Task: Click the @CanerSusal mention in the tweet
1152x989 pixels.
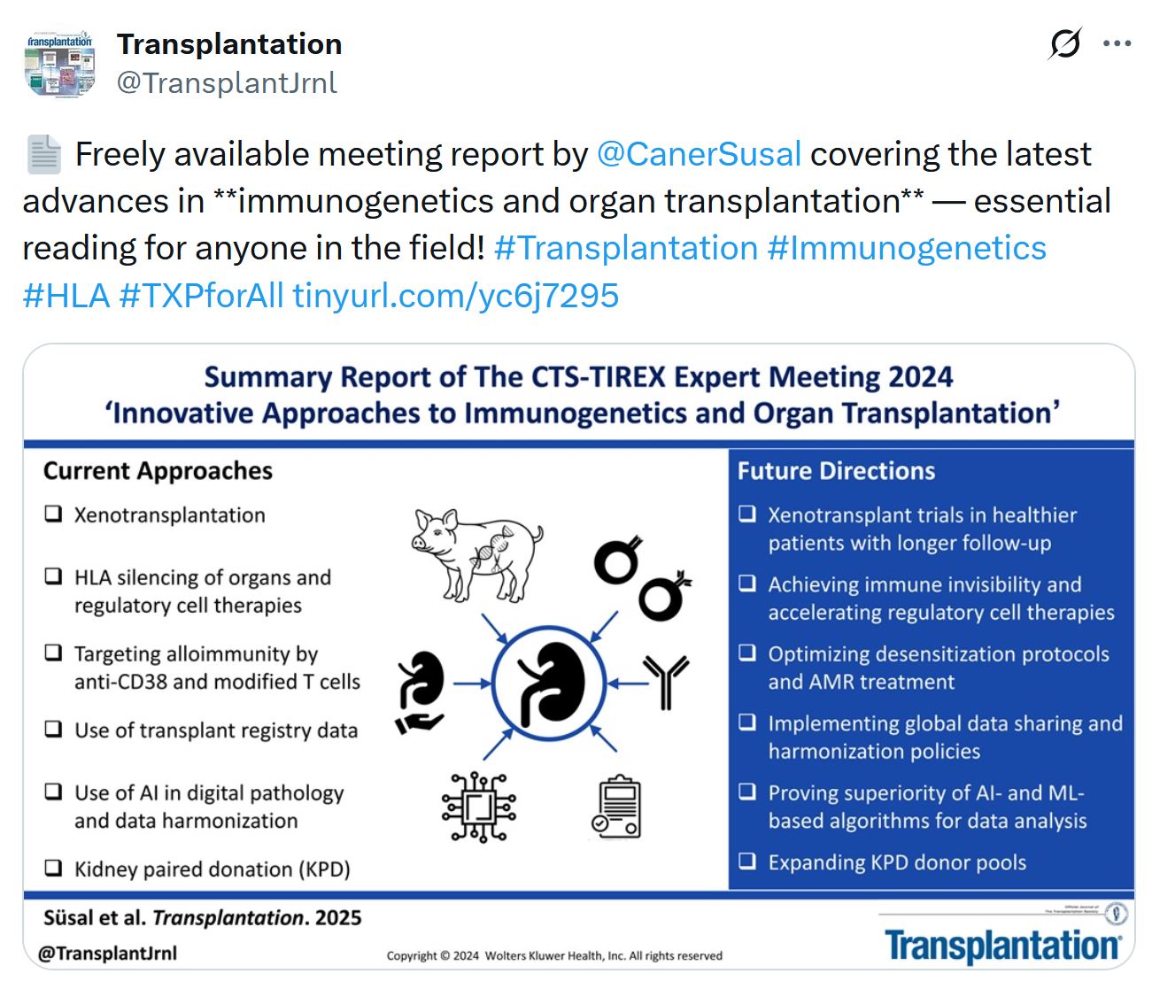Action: (x=699, y=154)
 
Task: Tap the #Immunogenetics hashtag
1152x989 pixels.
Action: (x=906, y=248)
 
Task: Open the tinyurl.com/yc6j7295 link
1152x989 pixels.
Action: (x=455, y=296)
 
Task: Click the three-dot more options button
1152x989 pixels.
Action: (x=1117, y=42)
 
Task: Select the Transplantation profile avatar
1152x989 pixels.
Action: (x=59, y=63)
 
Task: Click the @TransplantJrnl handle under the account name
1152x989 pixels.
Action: (x=227, y=83)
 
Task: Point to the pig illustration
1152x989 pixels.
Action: (x=477, y=554)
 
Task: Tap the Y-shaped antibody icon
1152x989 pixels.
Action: (x=666, y=682)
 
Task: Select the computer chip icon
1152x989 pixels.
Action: (x=479, y=807)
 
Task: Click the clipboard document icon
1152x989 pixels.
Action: (x=616, y=807)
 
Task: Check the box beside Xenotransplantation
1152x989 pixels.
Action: (x=53, y=514)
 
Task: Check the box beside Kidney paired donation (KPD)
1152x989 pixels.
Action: (x=53, y=868)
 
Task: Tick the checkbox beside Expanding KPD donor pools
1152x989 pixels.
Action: (x=746, y=861)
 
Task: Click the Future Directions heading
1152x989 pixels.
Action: (x=836, y=471)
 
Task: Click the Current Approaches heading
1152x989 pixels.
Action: (x=158, y=471)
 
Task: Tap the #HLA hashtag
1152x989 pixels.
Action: (x=66, y=296)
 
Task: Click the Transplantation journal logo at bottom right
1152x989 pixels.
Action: (x=1002, y=946)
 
